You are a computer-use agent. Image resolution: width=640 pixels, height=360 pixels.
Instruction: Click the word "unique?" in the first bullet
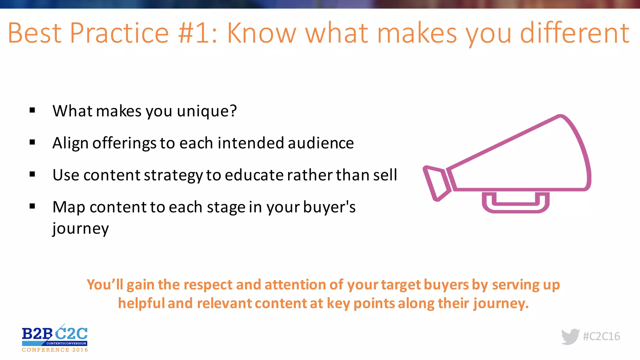207,111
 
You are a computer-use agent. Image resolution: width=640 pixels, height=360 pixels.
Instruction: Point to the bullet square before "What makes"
32,110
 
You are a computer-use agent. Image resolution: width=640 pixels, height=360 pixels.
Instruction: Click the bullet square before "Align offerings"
32,142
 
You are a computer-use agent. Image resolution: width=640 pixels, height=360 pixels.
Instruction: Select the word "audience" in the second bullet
321,143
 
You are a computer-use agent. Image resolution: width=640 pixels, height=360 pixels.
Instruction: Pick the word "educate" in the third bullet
253,175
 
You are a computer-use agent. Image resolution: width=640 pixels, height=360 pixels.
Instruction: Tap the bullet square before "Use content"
32,174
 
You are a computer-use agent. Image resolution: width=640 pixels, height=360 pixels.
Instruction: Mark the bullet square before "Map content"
32,206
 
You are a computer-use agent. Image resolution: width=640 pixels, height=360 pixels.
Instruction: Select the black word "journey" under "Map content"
81,229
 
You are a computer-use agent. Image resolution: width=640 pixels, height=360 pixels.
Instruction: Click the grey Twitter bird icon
570,337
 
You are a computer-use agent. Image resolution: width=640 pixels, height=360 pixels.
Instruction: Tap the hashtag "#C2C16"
601,337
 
